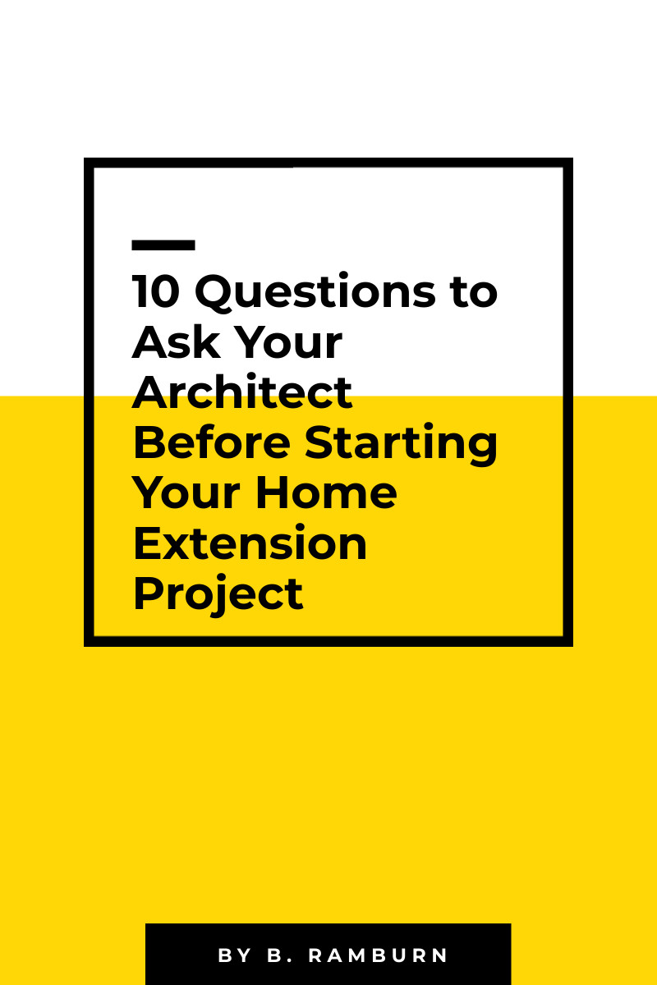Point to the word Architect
(x=242, y=392)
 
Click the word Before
(x=212, y=442)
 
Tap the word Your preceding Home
(x=186, y=492)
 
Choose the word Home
(x=326, y=492)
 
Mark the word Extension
(x=250, y=543)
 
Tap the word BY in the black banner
(x=235, y=955)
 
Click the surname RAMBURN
(x=378, y=955)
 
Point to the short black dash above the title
(x=163, y=245)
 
